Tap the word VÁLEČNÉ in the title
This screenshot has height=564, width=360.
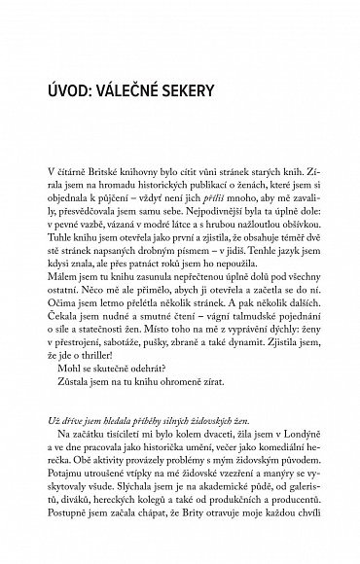[162, 91]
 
